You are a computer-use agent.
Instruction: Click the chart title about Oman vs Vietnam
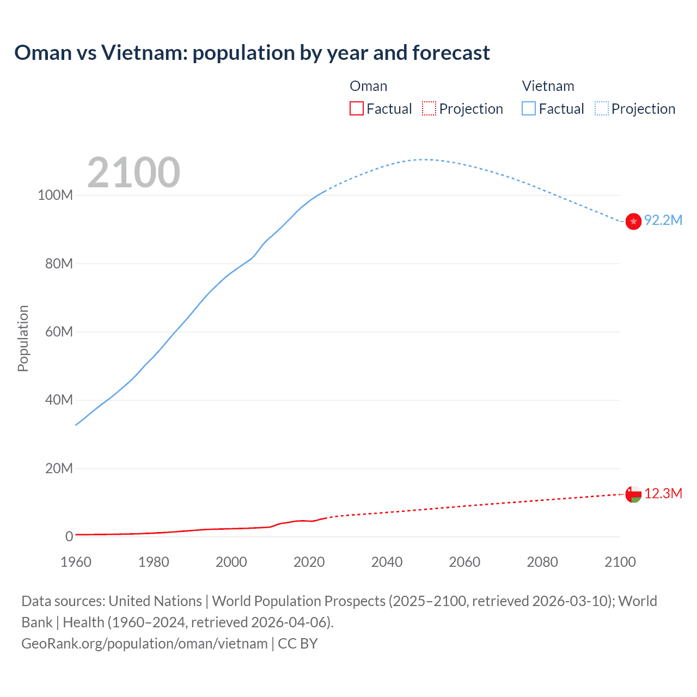(252, 53)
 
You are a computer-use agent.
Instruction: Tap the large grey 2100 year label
(133, 173)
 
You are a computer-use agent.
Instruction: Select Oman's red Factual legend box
(357, 108)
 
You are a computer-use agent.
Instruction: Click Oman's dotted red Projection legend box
(429, 108)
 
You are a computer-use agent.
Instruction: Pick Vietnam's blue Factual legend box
(529, 108)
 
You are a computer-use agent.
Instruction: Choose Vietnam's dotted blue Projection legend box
(602, 108)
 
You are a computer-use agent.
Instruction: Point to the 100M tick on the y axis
(55, 195)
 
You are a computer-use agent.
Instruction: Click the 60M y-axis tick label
(59, 332)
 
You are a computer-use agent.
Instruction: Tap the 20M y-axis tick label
(59, 469)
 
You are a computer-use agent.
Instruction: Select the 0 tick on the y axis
(69, 537)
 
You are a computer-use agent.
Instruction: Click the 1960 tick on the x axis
(76, 562)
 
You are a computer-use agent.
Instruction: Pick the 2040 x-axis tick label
(387, 562)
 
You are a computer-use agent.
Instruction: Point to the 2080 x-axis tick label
(542, 562)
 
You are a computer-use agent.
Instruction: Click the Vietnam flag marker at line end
(633, 222)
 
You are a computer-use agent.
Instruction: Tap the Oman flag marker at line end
(633, 494)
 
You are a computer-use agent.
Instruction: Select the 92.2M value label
(663, 220)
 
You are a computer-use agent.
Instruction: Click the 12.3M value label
(663, 494)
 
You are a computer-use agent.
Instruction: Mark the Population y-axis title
(23, 339)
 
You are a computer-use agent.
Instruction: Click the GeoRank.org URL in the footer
(144, 644)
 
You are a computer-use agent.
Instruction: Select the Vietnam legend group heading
(548, 86)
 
